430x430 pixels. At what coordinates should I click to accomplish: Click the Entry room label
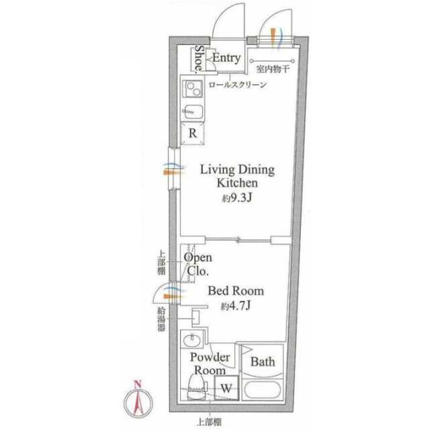226,58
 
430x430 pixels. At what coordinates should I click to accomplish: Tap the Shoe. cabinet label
200,59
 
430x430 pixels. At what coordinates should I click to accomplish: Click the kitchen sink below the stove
193,112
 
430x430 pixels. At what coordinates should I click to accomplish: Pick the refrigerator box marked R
193,134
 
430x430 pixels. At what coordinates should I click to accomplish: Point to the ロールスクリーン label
238,85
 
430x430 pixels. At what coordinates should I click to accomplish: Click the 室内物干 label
273,69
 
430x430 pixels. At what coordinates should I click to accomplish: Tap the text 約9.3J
237,198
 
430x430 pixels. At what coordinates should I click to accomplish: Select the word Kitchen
237,183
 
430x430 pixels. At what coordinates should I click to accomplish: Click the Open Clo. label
198,264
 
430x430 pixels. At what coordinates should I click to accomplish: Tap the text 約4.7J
236,306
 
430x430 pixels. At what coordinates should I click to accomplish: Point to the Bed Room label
236,291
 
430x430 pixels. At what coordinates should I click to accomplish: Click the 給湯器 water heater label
161,319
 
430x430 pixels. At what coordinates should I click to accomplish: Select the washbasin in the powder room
193,339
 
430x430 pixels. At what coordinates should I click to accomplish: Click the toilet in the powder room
197,388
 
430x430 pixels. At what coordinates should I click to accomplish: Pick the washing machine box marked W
226,388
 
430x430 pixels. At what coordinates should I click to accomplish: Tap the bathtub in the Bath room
263,390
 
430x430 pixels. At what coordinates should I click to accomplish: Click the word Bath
263,361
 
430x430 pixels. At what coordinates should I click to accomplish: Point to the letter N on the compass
138,384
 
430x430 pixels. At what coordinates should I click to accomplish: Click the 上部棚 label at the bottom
210,422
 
